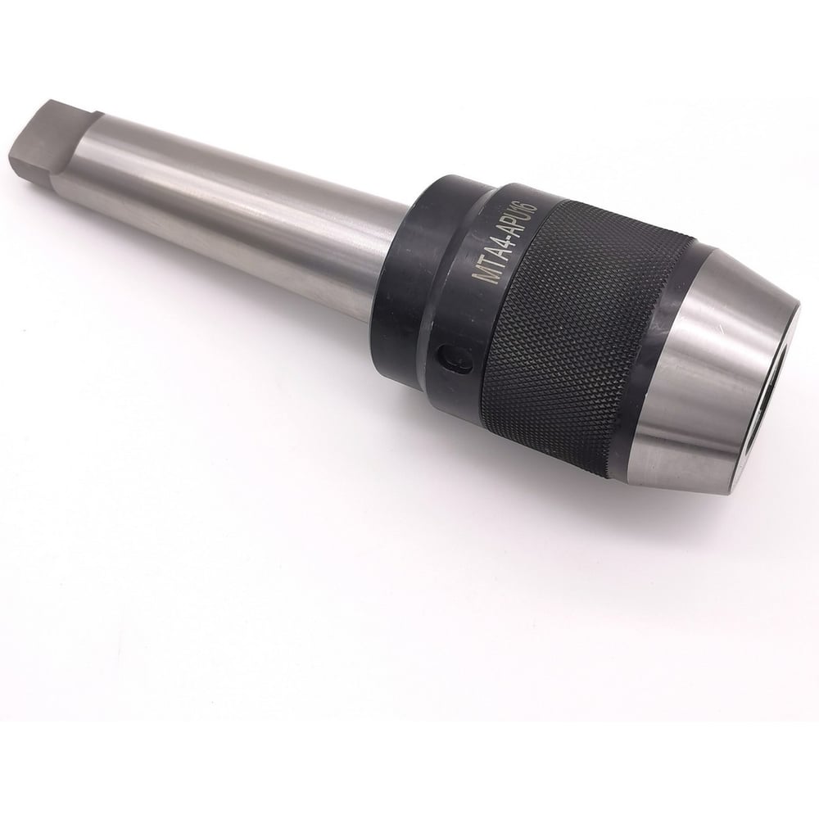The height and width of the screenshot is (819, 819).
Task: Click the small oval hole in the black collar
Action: click(451, 360)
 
